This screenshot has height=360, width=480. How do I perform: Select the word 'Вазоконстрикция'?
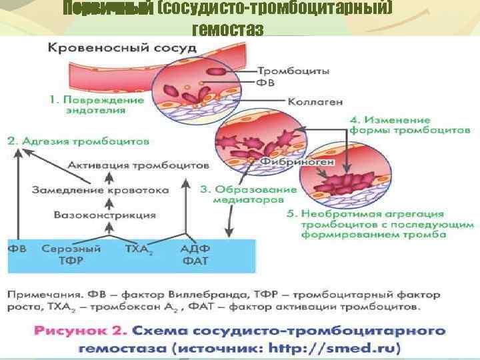point(105,215)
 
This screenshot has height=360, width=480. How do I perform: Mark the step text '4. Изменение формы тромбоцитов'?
point(411,125)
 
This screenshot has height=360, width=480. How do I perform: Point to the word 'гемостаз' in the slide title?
point(227,30)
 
